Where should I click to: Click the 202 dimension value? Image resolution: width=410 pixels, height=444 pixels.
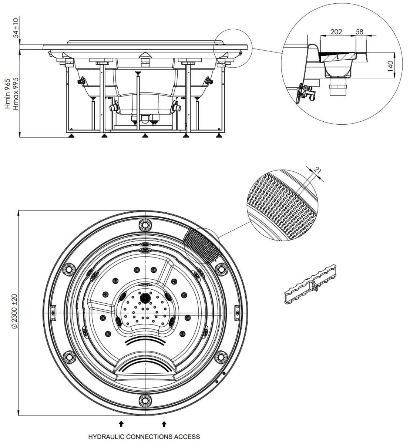coord(336,32)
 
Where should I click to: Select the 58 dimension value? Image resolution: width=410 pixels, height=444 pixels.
coord(359,32)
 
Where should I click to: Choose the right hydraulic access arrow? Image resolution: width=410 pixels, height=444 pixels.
coord(164,423)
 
